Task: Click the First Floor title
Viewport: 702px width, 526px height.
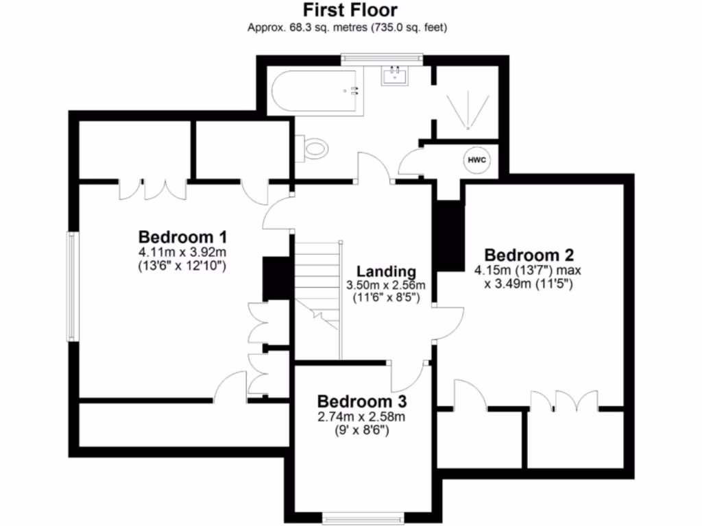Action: (350, 10)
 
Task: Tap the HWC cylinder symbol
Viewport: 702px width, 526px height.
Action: (477, 160)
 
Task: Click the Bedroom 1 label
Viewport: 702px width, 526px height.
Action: (182, 238)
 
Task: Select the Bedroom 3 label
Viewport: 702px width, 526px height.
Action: (362, 401)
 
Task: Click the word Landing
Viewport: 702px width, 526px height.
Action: (387, 272)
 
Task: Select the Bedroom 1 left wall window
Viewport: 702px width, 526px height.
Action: (70, 286)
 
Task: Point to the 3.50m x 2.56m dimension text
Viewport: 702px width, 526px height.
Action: (387, 286)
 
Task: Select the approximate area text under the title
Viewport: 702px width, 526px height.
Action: (350, 28)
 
